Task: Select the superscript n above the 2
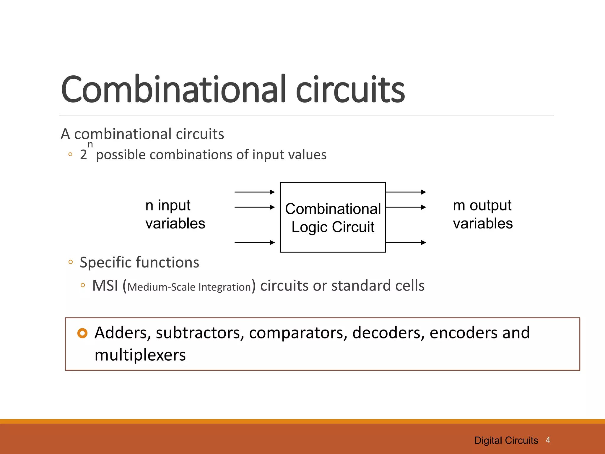tap(90, 145)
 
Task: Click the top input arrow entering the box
tap(255, 192)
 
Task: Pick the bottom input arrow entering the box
tap(255, 243)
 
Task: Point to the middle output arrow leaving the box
tap(406, 207)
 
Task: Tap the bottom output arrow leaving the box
tap(406, 243)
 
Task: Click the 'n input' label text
tap(168, 205)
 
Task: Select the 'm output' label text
tap(482, 205)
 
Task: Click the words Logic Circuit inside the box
tap(333, 227)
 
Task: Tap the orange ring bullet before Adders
tap(82, 333)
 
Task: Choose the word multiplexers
tap(140, 355)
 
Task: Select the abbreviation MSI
tap(105, 286)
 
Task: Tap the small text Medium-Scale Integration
tap(189, 287)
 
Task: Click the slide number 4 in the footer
tap(548, 440)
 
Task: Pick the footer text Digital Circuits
tap(506, 440)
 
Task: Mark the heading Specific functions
tap(139, 262)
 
